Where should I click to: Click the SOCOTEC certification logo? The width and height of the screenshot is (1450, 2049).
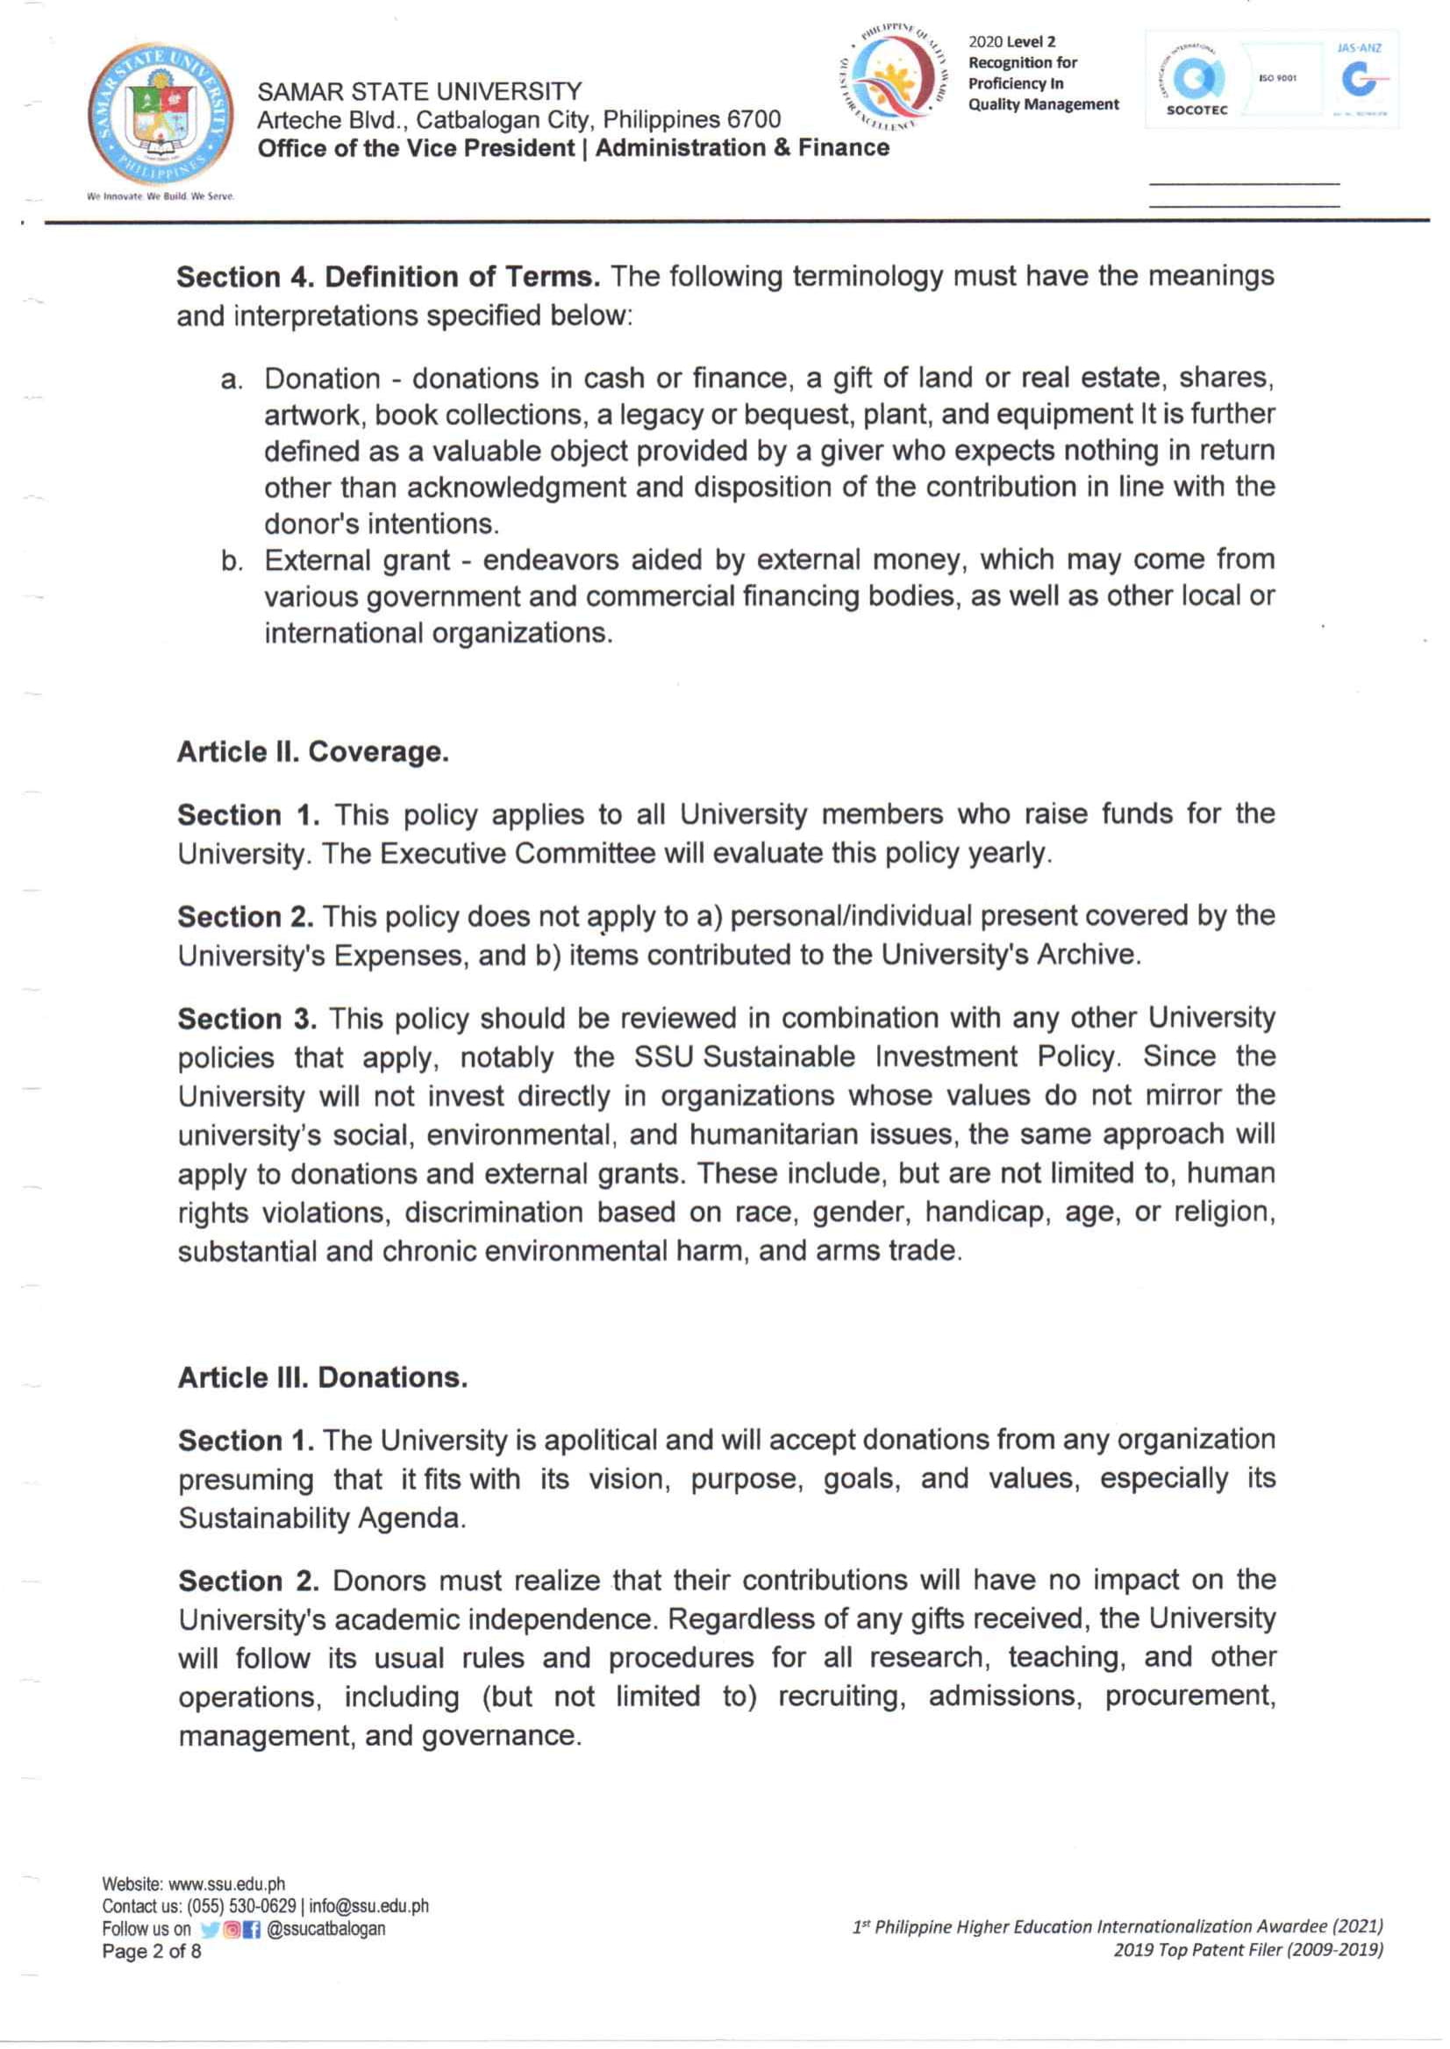point(1196,82)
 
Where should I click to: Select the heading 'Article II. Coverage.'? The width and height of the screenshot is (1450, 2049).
point(312,752)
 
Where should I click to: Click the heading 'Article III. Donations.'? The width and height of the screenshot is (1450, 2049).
point(322,1378)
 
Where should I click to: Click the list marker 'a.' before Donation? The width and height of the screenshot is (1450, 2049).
point(232,381)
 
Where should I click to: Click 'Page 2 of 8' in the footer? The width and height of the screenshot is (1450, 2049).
point(152,1952)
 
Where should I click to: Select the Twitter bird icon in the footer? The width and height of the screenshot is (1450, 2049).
point(210,1930)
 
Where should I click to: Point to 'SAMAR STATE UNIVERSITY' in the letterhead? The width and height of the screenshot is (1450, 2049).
point(419,92)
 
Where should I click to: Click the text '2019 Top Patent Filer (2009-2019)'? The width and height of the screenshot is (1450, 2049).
point(1247,1950)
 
